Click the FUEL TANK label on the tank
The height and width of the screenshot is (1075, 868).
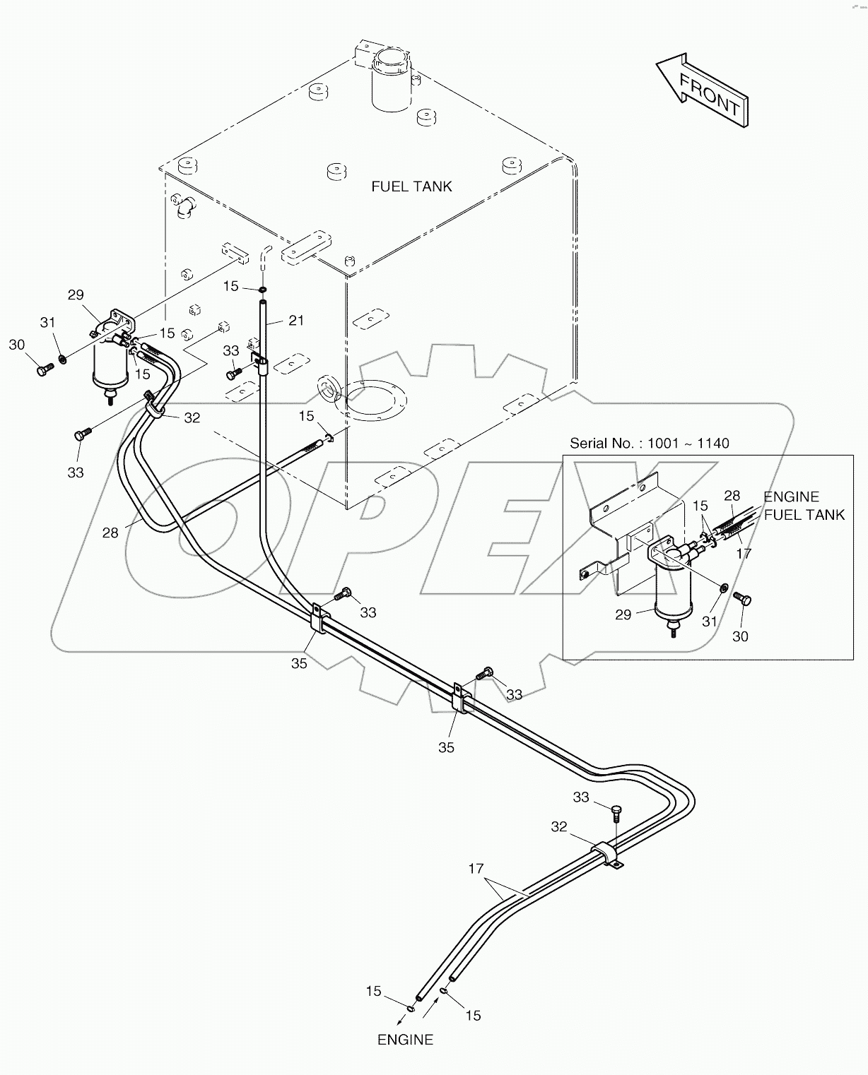point(411,186)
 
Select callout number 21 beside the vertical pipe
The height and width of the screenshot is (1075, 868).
point(296,321)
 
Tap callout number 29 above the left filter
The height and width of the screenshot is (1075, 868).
point(76,295)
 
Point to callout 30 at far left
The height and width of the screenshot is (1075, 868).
point(17,345)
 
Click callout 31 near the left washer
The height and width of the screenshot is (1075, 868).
point(47,323)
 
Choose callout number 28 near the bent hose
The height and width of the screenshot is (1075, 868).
point(110,533)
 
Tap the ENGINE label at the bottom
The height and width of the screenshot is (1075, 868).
point(405,1040)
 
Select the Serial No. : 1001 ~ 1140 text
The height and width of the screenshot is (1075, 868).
point(650,444)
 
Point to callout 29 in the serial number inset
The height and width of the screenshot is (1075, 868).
point(623,615)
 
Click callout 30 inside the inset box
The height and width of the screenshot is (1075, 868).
point(739,636)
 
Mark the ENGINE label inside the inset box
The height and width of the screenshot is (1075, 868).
point(791,497)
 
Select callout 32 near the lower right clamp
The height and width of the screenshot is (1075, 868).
point(559,826)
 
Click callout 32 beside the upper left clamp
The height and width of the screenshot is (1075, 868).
point(192,418)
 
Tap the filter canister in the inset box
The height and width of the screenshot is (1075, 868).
point(671,586)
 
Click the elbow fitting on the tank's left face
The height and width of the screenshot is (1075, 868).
point(185,207)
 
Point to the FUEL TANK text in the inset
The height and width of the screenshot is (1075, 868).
point(804,515)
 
